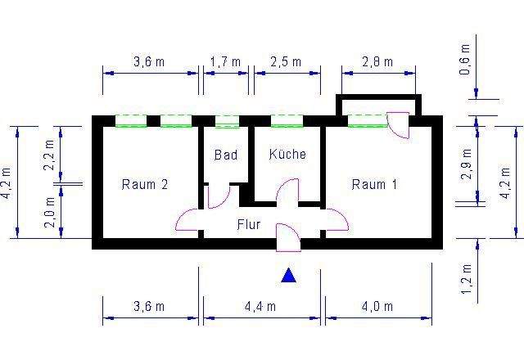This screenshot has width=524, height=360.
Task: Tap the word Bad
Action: coord(225,155)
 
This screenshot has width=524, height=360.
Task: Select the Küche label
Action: coord(287,154)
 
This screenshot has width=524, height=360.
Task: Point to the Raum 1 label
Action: coord(374,184)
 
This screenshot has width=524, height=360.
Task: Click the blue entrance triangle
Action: coord(288,276)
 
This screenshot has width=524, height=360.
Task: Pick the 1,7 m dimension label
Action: coord(225,62)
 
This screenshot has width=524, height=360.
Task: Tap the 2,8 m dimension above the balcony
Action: coord(377,62)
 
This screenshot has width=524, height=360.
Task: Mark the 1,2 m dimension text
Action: coord(467,278)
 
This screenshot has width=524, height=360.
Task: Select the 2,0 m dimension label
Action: coord(50,218)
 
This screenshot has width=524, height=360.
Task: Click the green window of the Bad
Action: coord(227,122)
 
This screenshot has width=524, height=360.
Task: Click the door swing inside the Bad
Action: coord(219,197)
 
